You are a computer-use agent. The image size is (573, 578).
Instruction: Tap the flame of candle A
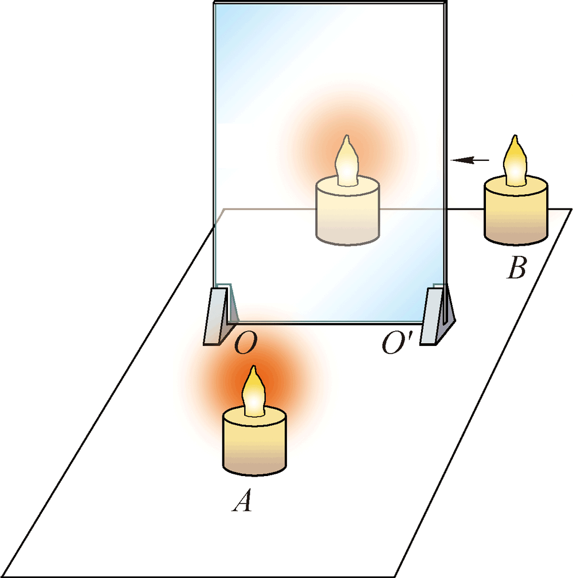pos(253,392)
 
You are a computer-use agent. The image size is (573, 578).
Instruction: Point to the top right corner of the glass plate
pos(445,5)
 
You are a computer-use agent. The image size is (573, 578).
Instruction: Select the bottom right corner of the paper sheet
pos(397,575)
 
